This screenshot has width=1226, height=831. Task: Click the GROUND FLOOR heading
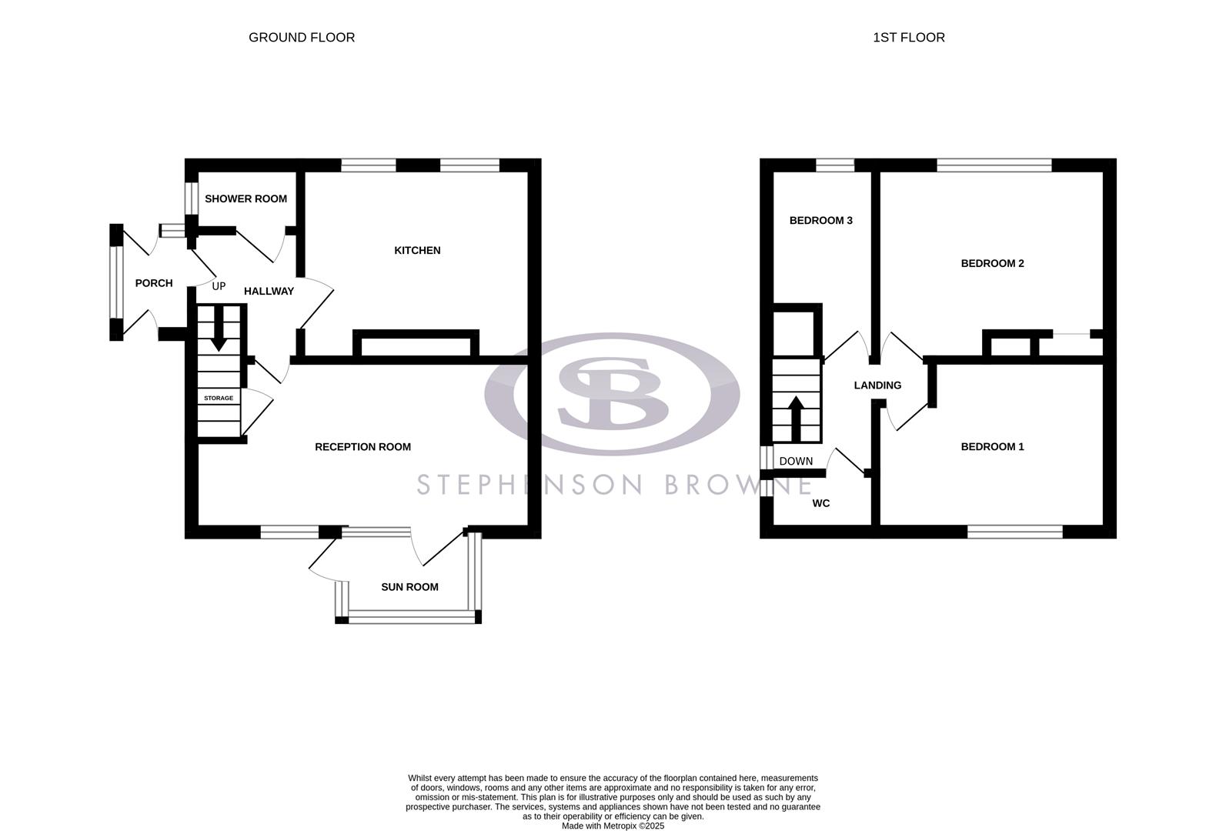pyautogui.click(x=302, y=37)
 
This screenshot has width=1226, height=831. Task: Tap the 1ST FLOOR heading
pyautogui.click(x=908, y=37)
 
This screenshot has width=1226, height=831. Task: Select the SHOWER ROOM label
pyautogui.click(x=246, y=199)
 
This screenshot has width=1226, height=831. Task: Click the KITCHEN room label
pyautogui.click(x=417, y=250)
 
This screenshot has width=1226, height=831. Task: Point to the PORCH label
pyautogui.click(x=154, y=283)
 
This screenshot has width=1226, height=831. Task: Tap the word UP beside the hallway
pyautogui.click(x=219, y=286)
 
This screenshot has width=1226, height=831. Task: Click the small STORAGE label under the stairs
pyautogui.click(x=219, y=398)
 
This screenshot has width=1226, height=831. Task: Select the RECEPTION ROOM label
pyautogui.click(x=362, y=446)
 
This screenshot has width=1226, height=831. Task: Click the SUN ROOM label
pyautogui.click(x=409, y=586)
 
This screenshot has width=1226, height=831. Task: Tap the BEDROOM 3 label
pyautogui.click(x=820, y=220)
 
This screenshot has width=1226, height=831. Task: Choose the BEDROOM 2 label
pyautogui.click(x=992, y=263)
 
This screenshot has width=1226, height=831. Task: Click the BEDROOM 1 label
pyautogui.click(x=992, y=446)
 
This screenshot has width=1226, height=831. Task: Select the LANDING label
pyautogui.click(x=877, y=385)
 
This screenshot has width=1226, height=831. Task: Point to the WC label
pyautogui.click(x=821, y=503)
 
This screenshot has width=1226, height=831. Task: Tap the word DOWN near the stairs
pyautogui.click(x=796, y=462)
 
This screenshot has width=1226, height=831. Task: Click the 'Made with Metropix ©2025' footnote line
pyautogui.click(x=613, y=826)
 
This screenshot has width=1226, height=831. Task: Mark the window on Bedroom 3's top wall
pyautogui.click(x=835, y=165)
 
